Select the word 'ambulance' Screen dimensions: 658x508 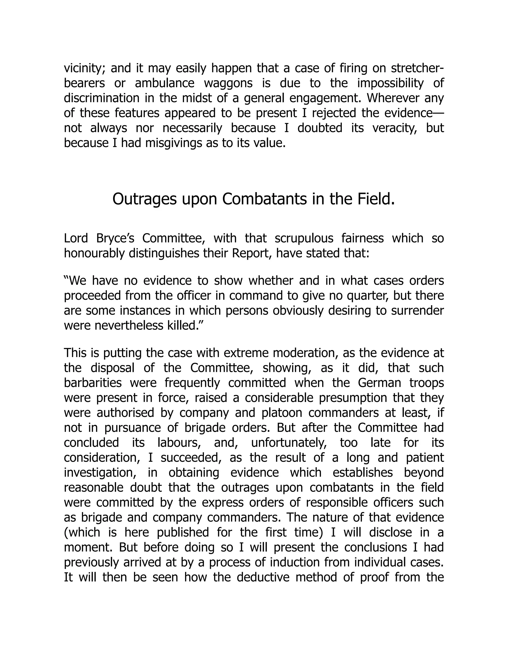coord(164,83)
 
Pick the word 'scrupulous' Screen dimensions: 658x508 coord(304,238)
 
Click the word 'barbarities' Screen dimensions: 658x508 coord(93,383)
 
